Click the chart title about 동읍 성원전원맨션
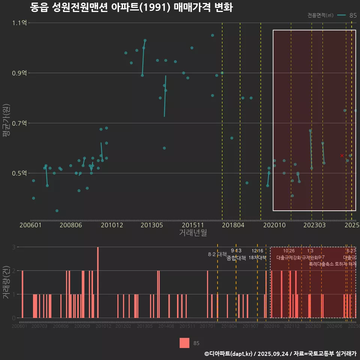[131, 7]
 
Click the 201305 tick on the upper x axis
[151, 225]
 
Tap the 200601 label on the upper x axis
[30, 225]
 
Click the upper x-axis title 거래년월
[193, 233]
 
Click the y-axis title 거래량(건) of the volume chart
[6, 282]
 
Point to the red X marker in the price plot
[342, 155]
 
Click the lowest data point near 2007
[57, 211]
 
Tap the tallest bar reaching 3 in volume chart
[98, 282]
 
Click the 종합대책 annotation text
[236, 258]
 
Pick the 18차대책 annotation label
[257, 258]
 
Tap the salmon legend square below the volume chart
[184, 343]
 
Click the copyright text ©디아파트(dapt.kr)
[228, 354]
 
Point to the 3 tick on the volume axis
[13, 247]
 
